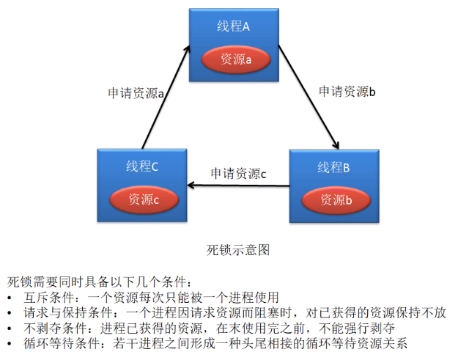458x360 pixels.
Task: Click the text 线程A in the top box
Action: (x=234, y=27)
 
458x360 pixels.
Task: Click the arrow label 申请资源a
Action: (x=136, y=93)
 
